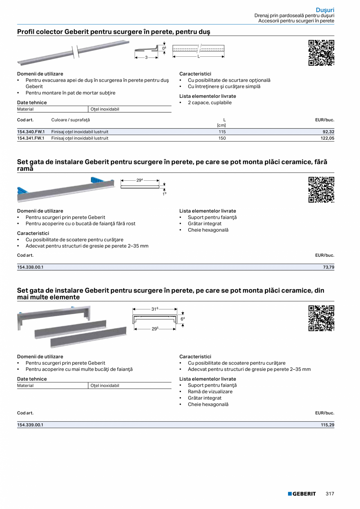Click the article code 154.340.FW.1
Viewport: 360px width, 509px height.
[x=31, y=132]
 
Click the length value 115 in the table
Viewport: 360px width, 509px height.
[x=222, y=132]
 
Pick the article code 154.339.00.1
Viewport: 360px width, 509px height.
[x=30, y=425]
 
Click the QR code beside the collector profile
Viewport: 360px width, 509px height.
[x=321, y=53]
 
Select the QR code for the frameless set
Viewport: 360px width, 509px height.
[x=321, y=190]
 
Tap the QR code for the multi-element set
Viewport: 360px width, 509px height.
[x=321, y=318]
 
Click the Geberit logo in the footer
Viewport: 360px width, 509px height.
[x=302, y=494]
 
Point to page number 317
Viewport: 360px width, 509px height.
[x=330, y=494]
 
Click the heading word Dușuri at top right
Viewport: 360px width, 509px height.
[x=325, y=10]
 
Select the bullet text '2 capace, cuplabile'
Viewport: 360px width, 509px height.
[x=209, y=103]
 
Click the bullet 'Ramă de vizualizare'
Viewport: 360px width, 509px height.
[x=210, y=392]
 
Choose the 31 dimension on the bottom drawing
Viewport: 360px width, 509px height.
[x=155, y=309]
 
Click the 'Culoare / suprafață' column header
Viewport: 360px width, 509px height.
[x=70, y=120]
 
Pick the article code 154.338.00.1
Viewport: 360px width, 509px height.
[x=30, y=267]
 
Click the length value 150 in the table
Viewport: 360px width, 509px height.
[x=222, y=138]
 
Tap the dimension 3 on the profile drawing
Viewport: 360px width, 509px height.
[x=146, y=58]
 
